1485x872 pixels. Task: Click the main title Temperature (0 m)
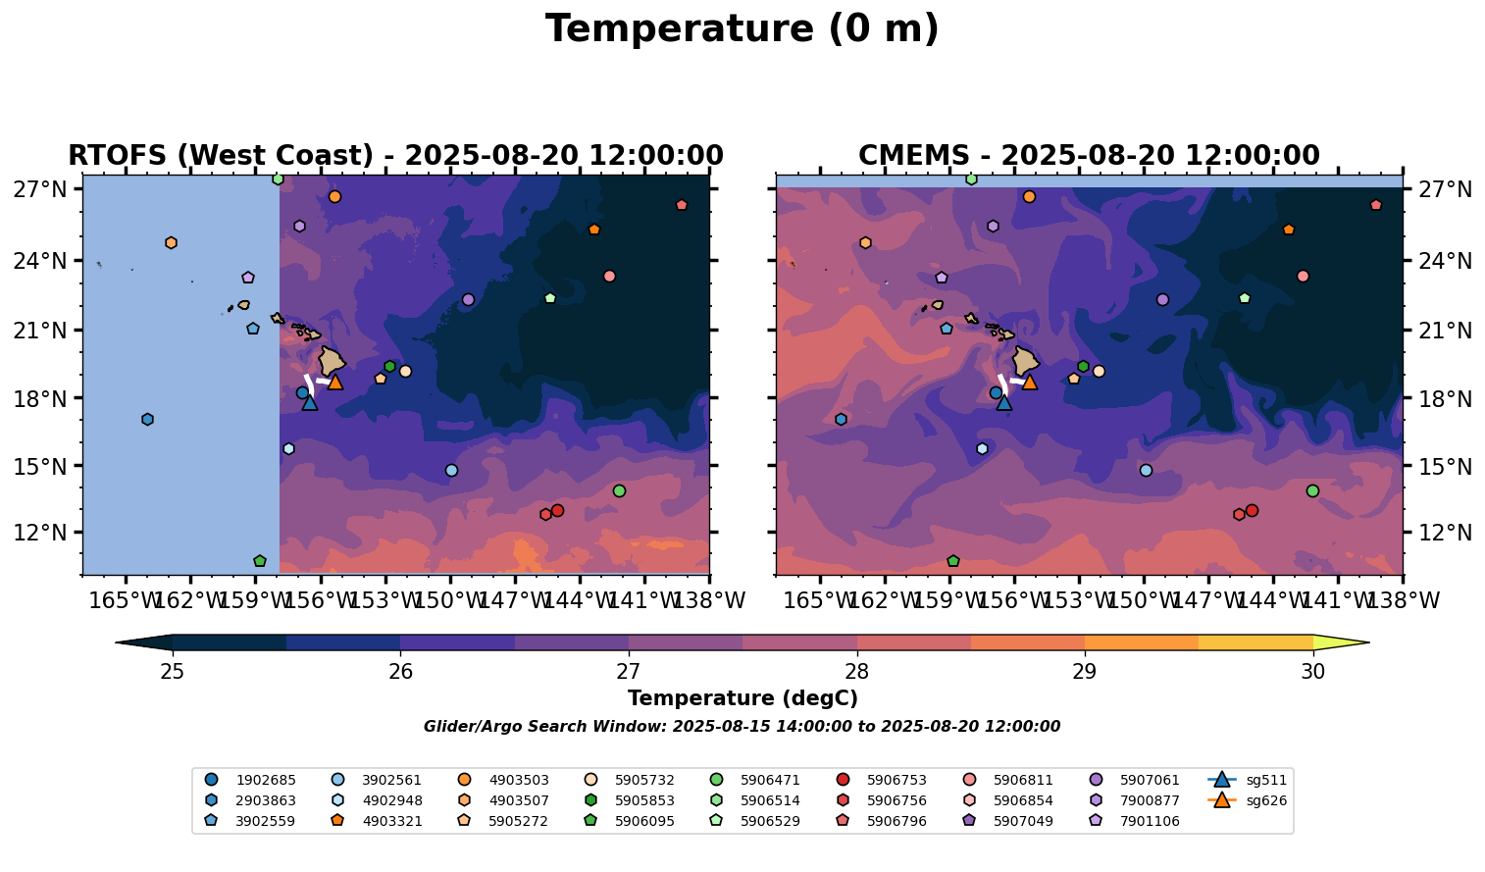[x=742, y=29]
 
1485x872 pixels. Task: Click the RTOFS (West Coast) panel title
[x=395, y=156]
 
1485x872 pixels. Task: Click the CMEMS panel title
[x=1089, y=156]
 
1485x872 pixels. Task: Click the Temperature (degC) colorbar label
[x=742, y=698]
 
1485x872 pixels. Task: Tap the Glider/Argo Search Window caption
[x=742, y=727]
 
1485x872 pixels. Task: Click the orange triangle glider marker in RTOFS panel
[x=335, y=382]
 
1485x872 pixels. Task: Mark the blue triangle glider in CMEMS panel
[x=1003, y=402]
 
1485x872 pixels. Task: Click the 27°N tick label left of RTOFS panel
[x=39, y=189]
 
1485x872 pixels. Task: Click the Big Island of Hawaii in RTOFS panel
[x=332, y=361]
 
